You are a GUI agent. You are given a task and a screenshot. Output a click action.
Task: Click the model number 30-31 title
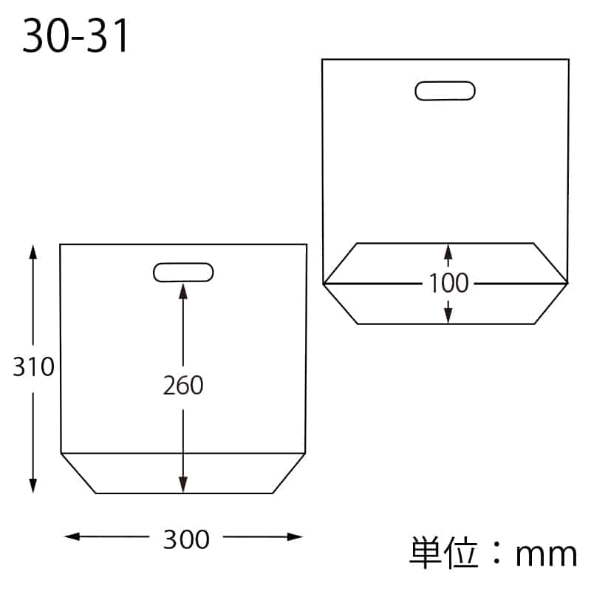point(76,36)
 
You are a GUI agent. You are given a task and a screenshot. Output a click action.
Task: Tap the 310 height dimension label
point(33,366)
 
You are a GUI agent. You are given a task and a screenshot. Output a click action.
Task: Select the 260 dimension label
point(183,385)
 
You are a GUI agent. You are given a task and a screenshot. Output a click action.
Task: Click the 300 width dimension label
point(186,539)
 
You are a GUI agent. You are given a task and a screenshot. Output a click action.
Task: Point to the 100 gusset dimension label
point(448,283)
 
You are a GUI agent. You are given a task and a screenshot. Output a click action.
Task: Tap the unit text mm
point(546,556)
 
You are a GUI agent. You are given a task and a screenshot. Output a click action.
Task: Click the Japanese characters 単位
point(444,553)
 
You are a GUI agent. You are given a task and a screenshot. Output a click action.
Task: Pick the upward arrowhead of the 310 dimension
point(33,252)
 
